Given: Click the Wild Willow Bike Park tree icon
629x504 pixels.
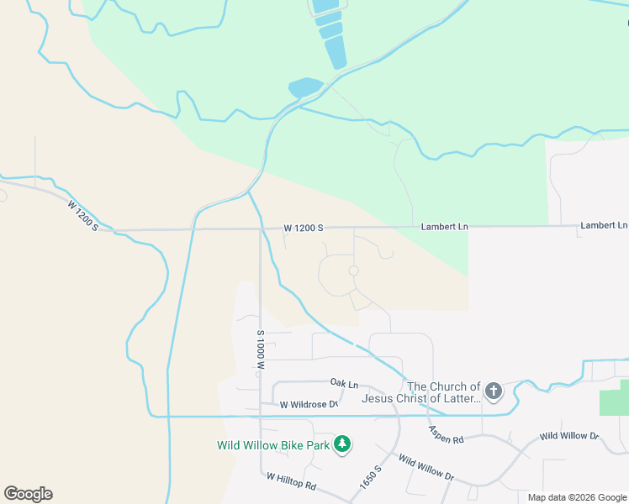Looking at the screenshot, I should coord(342,444).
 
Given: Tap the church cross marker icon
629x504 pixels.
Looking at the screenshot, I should coord(494,391).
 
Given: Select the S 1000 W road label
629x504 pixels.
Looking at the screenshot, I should coord(261,350).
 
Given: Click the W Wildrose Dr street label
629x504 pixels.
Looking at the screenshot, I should coord(309,405).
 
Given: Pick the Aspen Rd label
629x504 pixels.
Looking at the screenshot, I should coord(447,434).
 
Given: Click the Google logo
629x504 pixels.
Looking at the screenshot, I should coord(28,494).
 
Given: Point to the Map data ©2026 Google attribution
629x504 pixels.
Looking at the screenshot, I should coord(577,497).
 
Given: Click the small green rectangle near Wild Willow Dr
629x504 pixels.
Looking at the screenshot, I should coord(614,402).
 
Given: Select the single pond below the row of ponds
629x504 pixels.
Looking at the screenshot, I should coord(305,87).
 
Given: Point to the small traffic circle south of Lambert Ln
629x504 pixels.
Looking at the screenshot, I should coord(354,270).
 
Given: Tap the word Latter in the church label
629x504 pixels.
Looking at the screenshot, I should coord(461,398).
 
